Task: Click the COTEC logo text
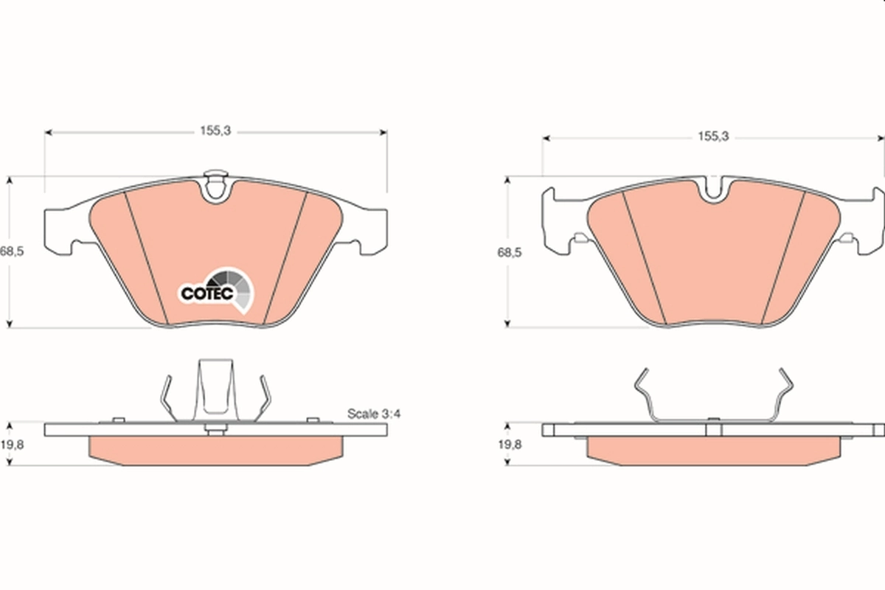207,294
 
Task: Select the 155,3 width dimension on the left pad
215,131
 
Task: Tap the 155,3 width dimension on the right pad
713,136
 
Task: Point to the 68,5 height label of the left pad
13,251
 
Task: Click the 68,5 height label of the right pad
509,252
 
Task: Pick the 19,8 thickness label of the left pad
13,445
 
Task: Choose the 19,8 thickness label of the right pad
509,444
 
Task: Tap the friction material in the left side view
215,450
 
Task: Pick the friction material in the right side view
713,450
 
